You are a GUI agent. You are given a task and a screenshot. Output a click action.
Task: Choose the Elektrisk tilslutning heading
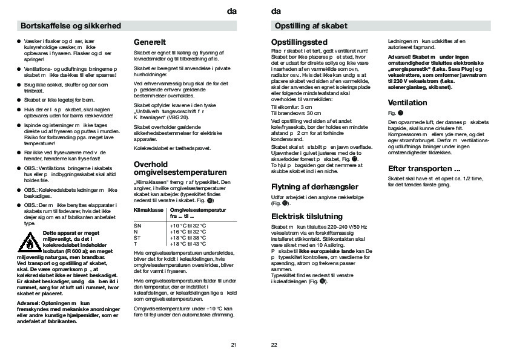click(307, 216)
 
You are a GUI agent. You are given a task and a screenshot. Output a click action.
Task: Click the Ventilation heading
click(407, 103)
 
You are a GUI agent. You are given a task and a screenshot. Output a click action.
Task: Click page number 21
click(234, 345)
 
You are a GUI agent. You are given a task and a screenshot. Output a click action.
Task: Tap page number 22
click(274, 345)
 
